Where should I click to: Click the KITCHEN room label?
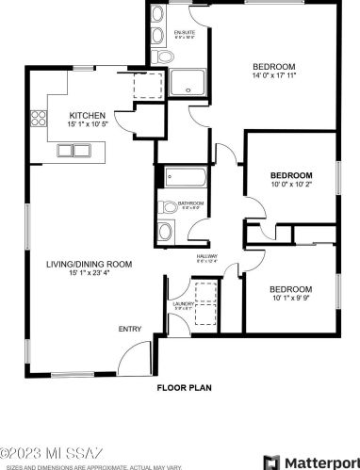tap(87, 116)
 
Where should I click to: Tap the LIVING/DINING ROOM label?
tap(89, 264)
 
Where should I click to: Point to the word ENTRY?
tap(128, 329)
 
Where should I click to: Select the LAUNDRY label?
tap(183, 304)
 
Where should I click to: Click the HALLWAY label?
tap(207, 255)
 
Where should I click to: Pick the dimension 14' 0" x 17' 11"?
tap(275, 76)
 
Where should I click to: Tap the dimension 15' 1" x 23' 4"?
tap(89, 274)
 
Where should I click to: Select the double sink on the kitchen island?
tap(74, 149)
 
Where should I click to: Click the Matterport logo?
tap(309, 461)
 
